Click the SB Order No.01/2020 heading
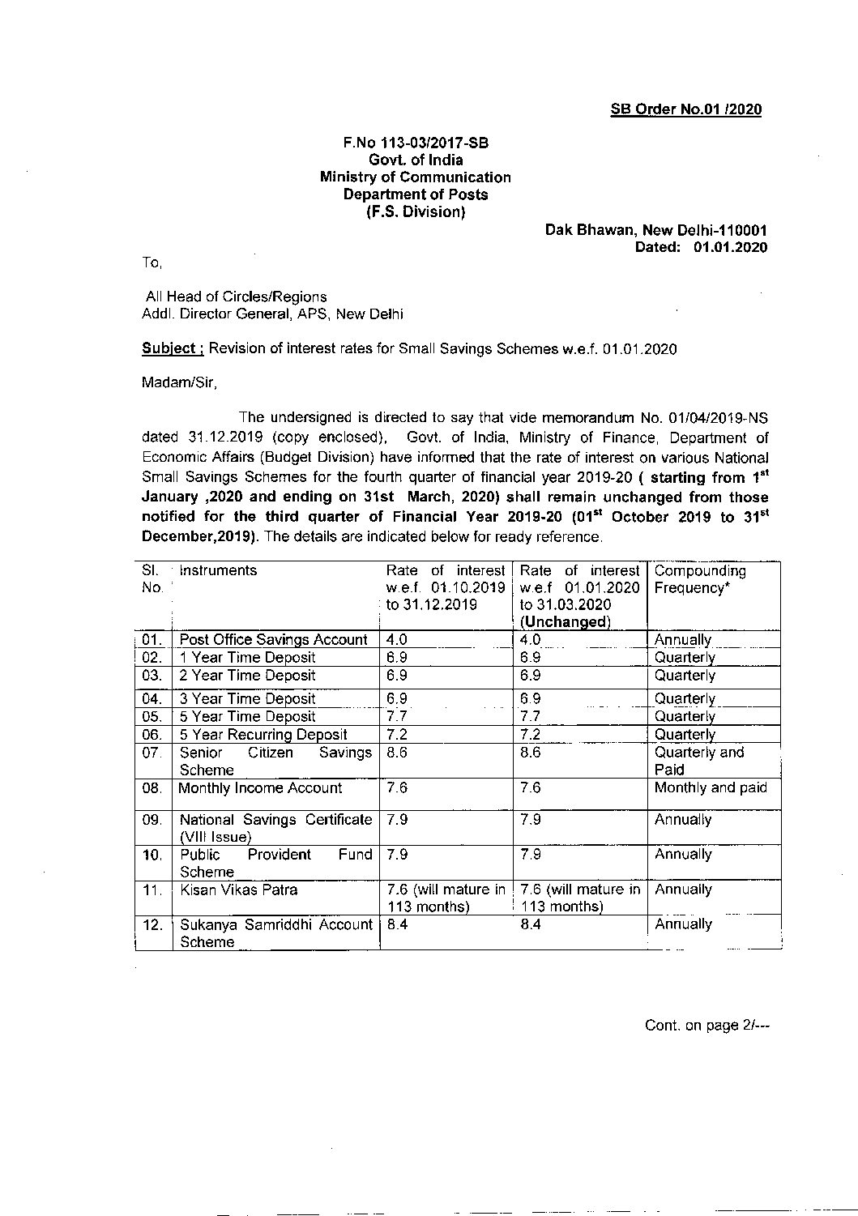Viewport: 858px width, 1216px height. click(685, 110)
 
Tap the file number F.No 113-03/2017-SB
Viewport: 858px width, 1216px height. click(416, 143)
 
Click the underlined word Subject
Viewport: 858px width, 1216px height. click(169, 348)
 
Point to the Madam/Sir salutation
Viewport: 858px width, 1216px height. click(180, 382)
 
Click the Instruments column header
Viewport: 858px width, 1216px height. click(218, 570)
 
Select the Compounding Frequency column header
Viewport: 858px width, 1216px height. click(700, 579)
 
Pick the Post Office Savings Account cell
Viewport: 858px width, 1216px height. click(273, 640)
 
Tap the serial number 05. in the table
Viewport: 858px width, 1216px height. click(152, 717)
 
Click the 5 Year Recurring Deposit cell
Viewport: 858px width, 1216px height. click(263, 735)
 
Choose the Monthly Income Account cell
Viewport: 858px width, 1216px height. click(260, 788)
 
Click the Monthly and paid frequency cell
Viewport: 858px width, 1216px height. click(710, 788)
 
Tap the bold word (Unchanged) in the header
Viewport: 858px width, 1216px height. click(564, 622)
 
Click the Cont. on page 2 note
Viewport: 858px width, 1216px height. click(706, 1026)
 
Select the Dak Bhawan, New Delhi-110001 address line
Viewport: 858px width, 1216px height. click(656, 231)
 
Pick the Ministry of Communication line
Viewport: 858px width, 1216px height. click(416, 177)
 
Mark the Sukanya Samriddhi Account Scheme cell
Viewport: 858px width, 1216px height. click(275, 933)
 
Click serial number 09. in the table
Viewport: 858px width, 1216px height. click(152, 820)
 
